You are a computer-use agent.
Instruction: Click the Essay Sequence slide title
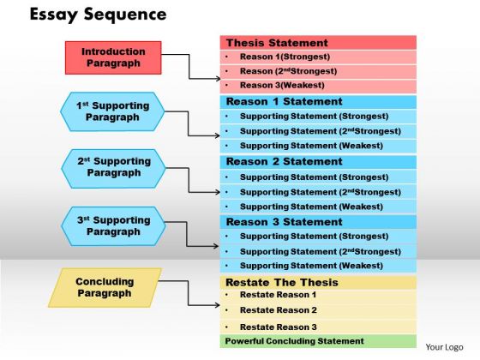coord(98,15)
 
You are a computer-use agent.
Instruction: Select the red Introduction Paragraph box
coord(113,57)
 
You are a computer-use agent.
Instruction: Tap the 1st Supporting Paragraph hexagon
coord(112,111)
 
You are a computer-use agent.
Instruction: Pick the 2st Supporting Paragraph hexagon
coord(113,169)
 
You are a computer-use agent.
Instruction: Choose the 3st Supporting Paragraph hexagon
coord(113,226)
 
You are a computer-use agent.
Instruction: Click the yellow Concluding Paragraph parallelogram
coord(105,288)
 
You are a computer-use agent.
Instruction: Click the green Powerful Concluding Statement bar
coord(318,341)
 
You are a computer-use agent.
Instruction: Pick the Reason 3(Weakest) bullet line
coord(282,85)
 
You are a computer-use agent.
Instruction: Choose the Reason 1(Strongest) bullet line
coord(285,57)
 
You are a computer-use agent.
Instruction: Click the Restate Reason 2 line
coord(279,310)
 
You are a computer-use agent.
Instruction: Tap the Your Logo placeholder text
coord(444,347)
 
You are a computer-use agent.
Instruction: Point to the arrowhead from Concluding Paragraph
coord(218,305)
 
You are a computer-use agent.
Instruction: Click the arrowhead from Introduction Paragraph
coord(218,79)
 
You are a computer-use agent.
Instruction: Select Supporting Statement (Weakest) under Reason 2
coord(311,207)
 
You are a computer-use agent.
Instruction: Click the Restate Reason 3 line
coord(279,327)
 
